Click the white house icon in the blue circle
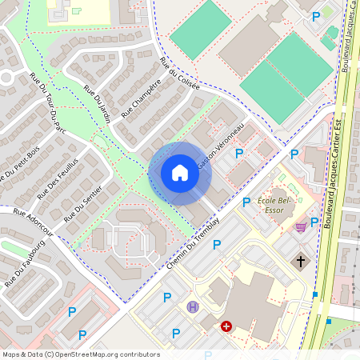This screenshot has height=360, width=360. point(180,173)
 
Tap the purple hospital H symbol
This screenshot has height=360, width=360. point(192,306)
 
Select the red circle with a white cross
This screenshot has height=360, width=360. point(226,326)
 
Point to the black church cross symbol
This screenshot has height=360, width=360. point(302,261)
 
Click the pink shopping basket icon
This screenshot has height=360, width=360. point(300,227)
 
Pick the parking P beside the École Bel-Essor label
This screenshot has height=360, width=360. point(246,202)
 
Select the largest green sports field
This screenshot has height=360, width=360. point(286,78)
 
